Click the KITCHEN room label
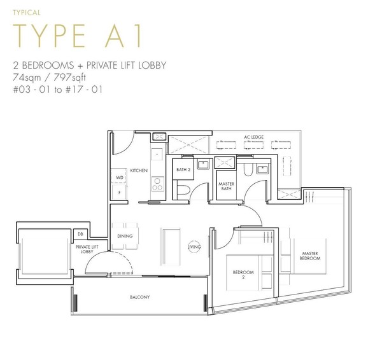pyautogui.click(x=139, y=170)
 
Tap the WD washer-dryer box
pyautogui.click(x=119, y=177)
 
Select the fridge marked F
pyautogui.click(x=119, y=192)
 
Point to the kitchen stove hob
pyautogui.click(x=158, y=184)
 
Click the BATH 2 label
pyautogui.click(x=183, y=169)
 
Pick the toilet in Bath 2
pyautogui.click(x=183, y=190)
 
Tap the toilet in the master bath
pyautogui.click(x=248, y=169)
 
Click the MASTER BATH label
pyautogui.click(x=226, y=186)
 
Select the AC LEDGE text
pyautogui.click(x=253, y=137)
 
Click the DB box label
pyautogui.click(x=80, y=234)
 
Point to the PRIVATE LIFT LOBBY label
pyautogui.click(x=87, y=249)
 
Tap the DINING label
pyautogui.click(x=125, y=236)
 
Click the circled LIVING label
pyautogui.click(x=194, y=247)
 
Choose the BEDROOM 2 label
pyautogui.click(x=243, y=274)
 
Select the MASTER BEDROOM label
pyautogui.click(x=310, y=256)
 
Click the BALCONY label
pyautogui.click(x=140, y=297)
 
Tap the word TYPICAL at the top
pyautogui.click(x=27, y=13)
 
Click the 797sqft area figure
pyautogui.click(x=69, y=78)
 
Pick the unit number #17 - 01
pyautogui.click(x=84, y=90)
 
